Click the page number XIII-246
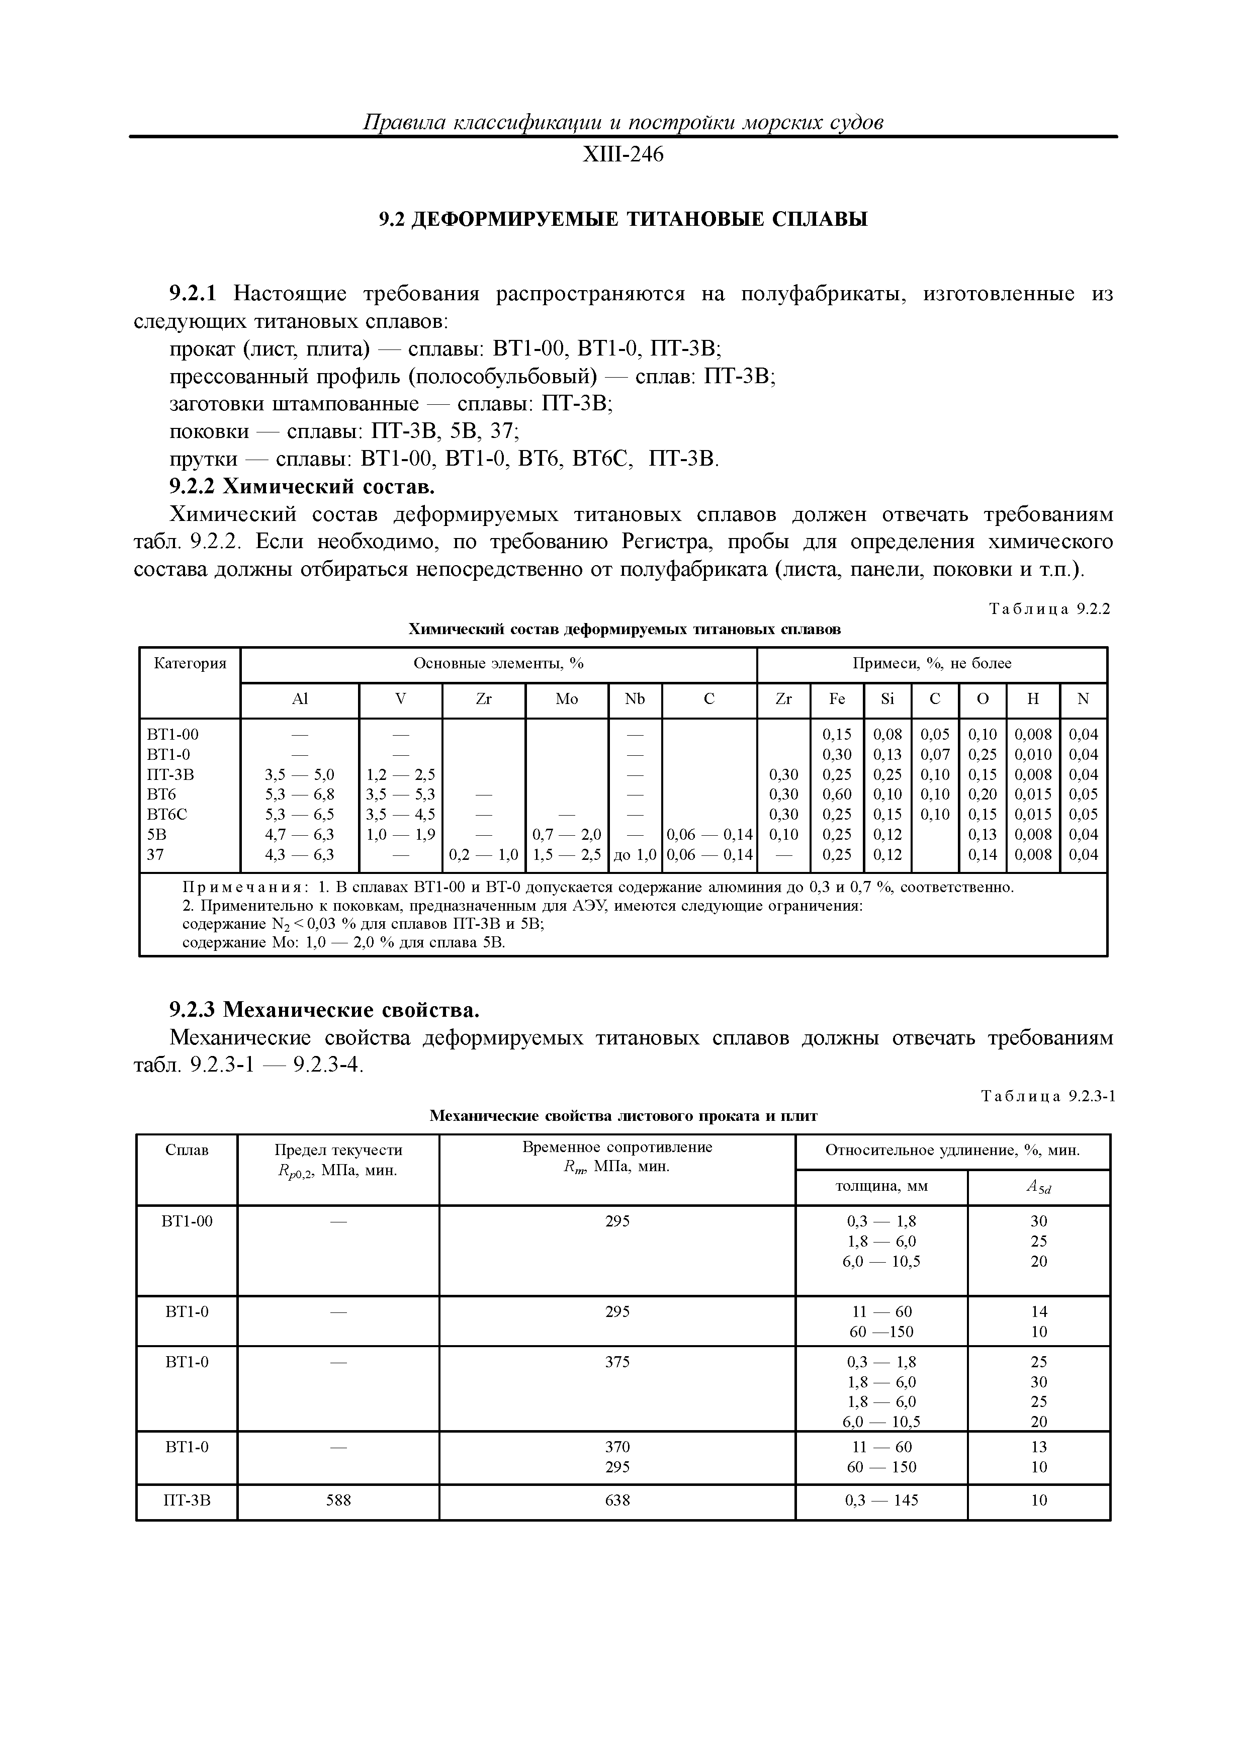(x=622, y=155)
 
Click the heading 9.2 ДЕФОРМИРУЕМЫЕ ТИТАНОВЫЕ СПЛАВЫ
(x=623, y=220)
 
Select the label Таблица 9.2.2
(x=1049, y=609)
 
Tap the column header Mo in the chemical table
(x=566, y=699)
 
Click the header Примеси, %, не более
(x=931, y=663)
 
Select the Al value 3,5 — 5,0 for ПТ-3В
(x=299, y=774)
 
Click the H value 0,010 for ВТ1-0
(x=1033, y=754)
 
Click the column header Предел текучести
(x=338, y=1150)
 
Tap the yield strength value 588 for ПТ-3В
(x=338, y=1500)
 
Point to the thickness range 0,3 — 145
(x=881, y=1500)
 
